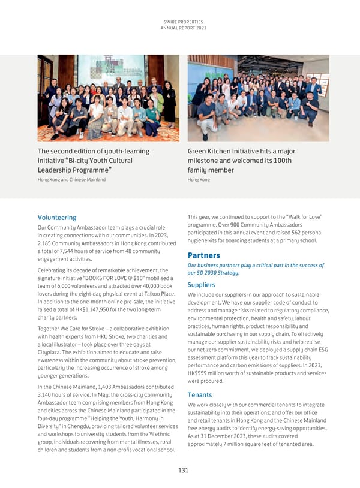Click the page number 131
click(x=180, y=471)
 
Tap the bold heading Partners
click(x=204, y=255)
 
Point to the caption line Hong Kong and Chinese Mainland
click(x=71, y=180)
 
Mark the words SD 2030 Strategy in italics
click(x=214, y=273)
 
